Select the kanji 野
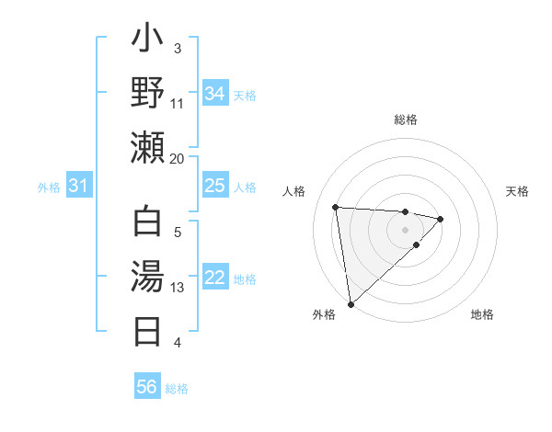[147, 94]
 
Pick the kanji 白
[147, 226]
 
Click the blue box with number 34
[214, 94]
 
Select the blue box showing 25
[214, 186]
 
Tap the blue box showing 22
[214, 278]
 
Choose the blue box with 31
[79, 186]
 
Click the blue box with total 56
[147, 387]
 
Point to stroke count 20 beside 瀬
[178, 158]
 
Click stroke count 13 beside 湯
[178, 288]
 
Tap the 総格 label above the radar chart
[405, 119]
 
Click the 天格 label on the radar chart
[517, 191]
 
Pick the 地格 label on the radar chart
[482, 314]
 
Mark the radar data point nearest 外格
[351, 303]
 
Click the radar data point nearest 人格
[336, 206]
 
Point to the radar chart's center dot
[405, 228]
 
